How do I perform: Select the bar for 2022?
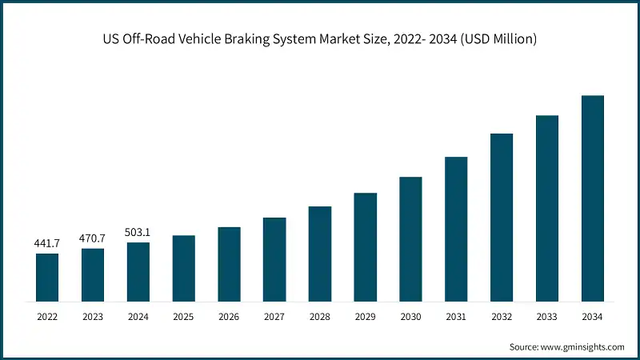(47, 278)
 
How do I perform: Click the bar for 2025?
(183, 269)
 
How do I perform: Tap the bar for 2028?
(320, 254)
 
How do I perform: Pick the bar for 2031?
(456, 230)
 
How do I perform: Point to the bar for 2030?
(410, 239)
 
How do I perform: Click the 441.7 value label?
(47, 242)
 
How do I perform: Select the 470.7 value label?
(93, 238)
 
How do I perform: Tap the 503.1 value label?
(138, 232)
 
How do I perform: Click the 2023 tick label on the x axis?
(93, 318)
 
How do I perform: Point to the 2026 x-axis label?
(229, 318)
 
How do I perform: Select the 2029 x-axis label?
(365, 318)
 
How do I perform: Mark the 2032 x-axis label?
(502, 318)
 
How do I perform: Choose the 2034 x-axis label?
(592, 318)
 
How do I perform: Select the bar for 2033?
(547, 209)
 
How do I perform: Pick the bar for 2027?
(274, 260)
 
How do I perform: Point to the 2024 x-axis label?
(138, 318)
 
